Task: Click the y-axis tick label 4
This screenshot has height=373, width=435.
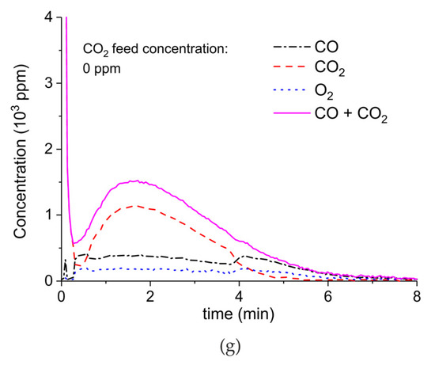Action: tap(49, 17)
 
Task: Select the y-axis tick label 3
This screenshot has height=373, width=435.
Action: tap(49, 82)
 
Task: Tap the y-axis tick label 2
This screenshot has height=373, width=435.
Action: tap(49, 149)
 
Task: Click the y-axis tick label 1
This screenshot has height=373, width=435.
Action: tap(49, 215)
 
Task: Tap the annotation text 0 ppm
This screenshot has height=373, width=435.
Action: tap(104, 69)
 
